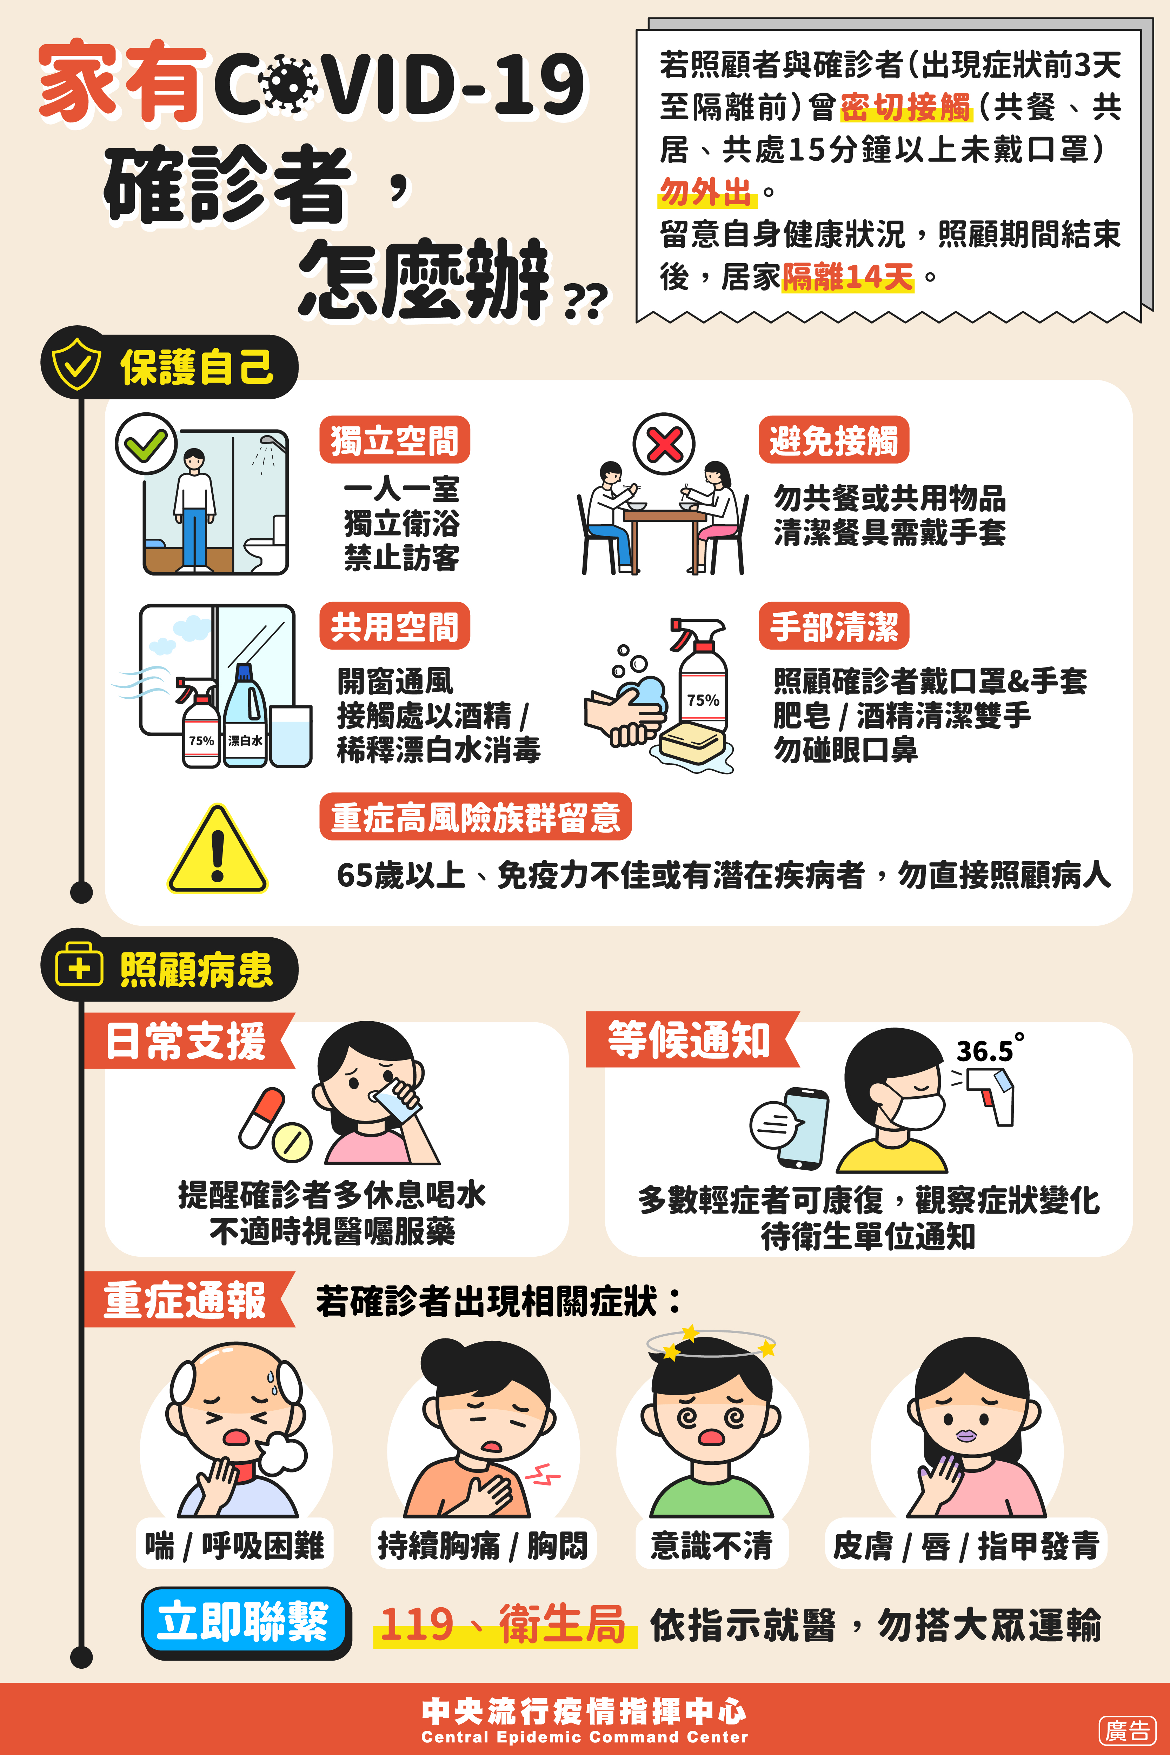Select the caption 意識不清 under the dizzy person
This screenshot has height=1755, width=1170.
click(711, 1544)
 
